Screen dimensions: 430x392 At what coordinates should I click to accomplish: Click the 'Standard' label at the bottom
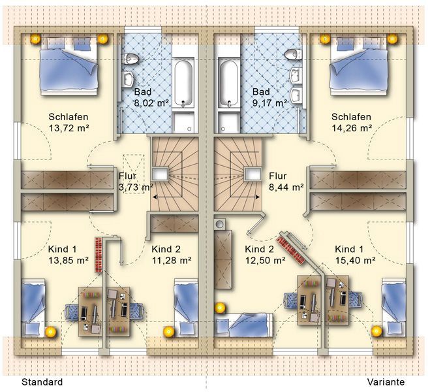point(42,382)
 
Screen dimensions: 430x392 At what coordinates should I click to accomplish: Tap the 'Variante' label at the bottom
point(386,382)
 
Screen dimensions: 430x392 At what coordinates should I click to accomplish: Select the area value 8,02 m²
point(151,103)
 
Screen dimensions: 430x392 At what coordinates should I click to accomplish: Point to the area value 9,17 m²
point(269,103)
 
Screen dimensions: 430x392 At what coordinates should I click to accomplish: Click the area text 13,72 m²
point(69,128)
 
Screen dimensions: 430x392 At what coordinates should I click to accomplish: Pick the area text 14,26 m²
point(352,128)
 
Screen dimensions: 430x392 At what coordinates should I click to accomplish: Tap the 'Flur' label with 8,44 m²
point(277,176)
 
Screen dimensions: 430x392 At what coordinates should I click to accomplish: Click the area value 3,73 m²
point(136,188)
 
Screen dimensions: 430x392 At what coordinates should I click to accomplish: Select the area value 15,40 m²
point(356,261)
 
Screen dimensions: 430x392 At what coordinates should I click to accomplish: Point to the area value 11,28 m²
point(172,261)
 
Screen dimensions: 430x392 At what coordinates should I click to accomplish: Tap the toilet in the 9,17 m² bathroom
point(293,55)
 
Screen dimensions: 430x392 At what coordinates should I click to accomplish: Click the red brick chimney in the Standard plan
point(99,255)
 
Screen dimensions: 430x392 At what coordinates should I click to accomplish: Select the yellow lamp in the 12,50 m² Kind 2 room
point(220,308)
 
